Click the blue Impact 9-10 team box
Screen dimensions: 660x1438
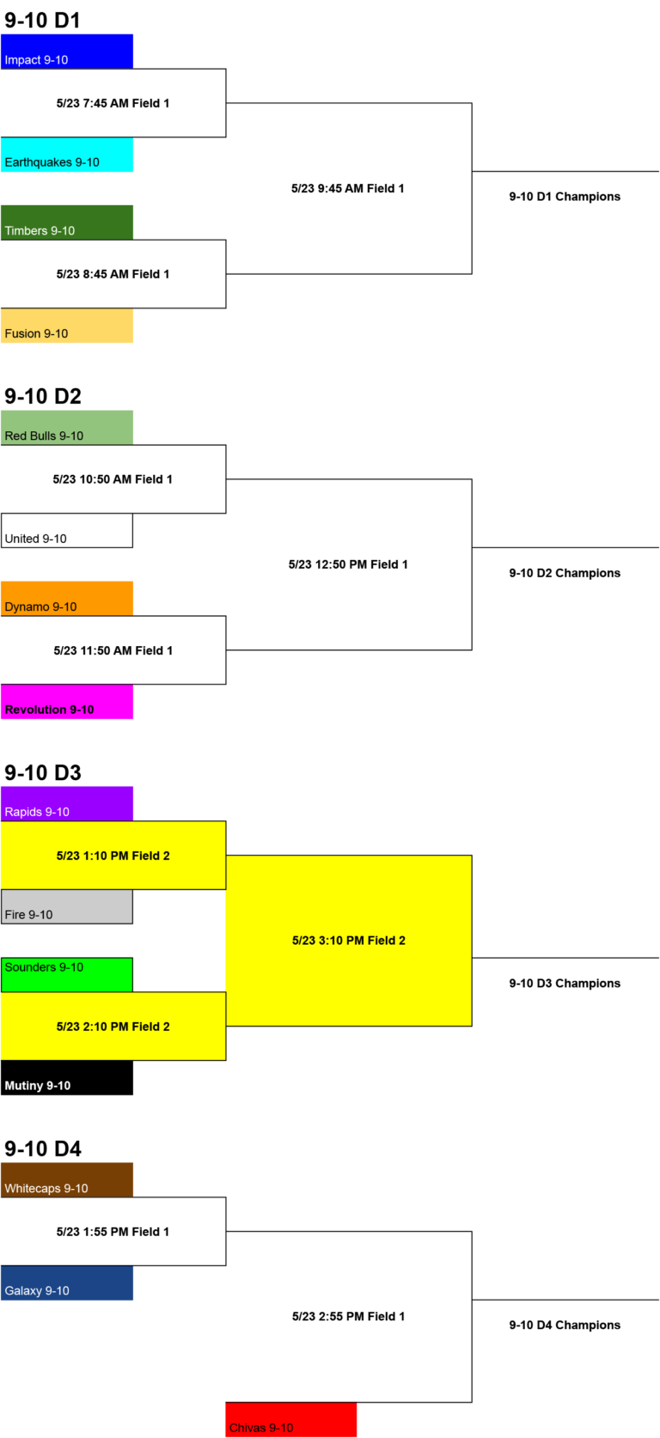[x=67, y=52]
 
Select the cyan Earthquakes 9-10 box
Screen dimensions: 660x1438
[x=67, y=154]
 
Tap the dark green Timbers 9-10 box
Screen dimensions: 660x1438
[x=67, y=222]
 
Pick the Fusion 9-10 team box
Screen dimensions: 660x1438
[x=67, y=326]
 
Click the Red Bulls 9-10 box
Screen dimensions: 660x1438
[x=67, y=428]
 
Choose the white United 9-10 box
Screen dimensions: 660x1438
[x=67, y=530]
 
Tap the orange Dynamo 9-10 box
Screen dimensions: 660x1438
[x=67, y=599]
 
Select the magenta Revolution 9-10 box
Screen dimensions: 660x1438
[x=67, y=702]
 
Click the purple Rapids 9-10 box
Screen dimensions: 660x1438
[x=67, y=804]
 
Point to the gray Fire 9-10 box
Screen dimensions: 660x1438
[x=67, y=906]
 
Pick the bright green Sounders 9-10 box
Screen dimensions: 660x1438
[x=67, y=975]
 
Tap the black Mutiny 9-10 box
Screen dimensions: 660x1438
[x=67, y=1078]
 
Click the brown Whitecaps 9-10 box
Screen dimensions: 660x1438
[x=67, y=1180]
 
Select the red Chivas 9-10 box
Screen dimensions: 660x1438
[x=290, y=1420]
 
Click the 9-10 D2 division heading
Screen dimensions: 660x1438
[x=43, y=396]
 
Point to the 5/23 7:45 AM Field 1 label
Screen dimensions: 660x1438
[x=113, y=103]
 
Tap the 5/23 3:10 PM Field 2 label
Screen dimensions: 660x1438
[x=349, y=941]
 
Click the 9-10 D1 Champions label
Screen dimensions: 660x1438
[x=565, y=197]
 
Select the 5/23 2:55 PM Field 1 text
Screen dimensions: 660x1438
[x=349, y=1317]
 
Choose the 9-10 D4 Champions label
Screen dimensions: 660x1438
[x=565, y=1325]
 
